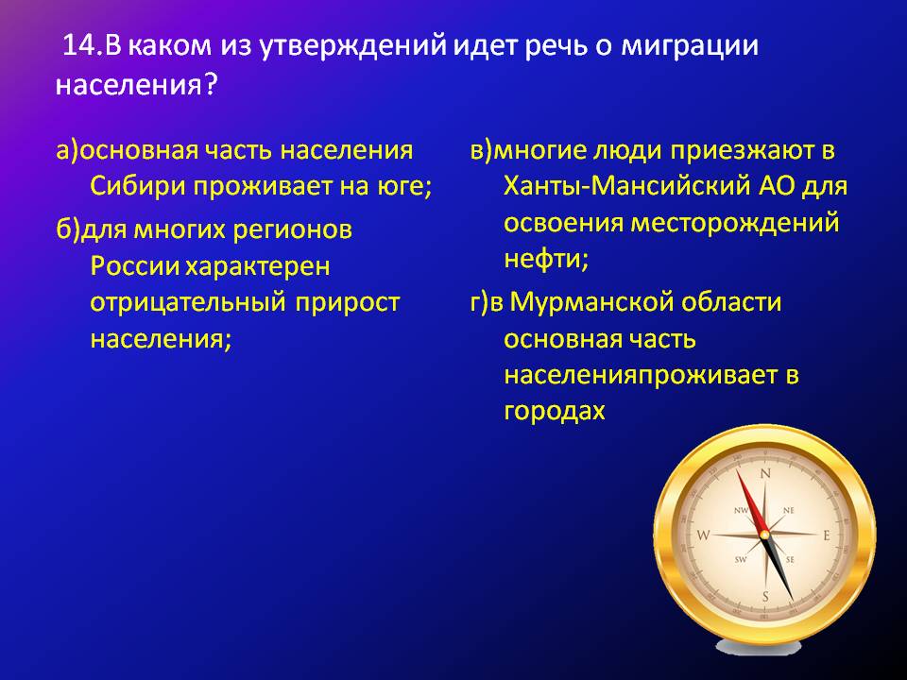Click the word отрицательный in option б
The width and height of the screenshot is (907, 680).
click(x=188, y=303)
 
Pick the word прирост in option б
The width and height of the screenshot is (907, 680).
click(x=348, y=303)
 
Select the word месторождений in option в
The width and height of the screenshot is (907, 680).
click(x=735, y=224)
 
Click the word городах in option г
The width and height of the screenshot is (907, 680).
click(x=555, y=411)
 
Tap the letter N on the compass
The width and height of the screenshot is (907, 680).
click(x=766, y=474)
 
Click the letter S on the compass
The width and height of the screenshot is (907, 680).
click(x=765, y=597)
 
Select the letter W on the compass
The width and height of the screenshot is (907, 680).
click(x=703, y=535)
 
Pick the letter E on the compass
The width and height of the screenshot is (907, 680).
click(x=827, y=535)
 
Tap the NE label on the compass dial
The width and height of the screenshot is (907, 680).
click(x=789, y=510)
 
